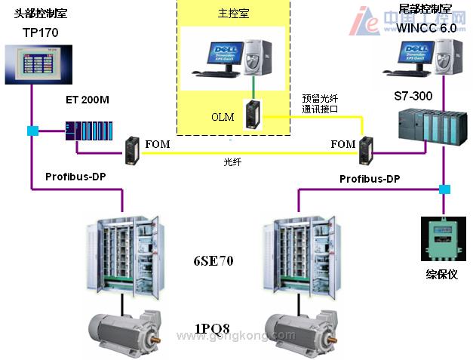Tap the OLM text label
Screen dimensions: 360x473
[x=223, y=118]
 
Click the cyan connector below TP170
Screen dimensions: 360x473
[x=32, y=131]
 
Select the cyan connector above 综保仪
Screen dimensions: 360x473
[x=444, y=189]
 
